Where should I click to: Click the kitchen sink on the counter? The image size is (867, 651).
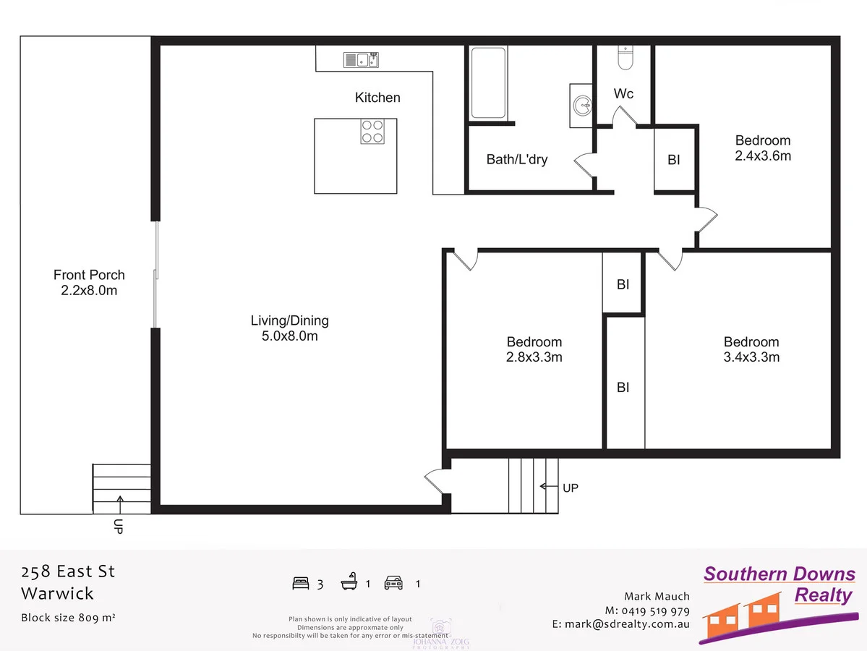point(360,60)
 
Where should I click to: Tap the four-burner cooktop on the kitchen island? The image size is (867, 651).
point(372,131)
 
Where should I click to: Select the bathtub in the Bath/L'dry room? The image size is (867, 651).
point(489,83)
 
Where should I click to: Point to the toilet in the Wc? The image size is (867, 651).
point(625,57)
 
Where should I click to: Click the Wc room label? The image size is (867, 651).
point(623,94)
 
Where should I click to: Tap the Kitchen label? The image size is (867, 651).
point(377,98)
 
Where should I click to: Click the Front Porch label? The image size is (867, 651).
point(89,275)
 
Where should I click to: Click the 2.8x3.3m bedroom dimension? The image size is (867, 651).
point(534,357)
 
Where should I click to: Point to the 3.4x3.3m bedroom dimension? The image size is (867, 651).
point(751,357)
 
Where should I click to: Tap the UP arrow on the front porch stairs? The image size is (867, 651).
point(119,500)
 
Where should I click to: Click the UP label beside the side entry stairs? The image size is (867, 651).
point(570,488)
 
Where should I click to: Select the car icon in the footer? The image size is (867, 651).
point(393,583)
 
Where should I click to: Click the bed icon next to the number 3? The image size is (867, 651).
point(300,583)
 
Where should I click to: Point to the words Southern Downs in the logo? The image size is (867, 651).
point(779,574)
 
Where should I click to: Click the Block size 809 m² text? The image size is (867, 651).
point(69,618)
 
